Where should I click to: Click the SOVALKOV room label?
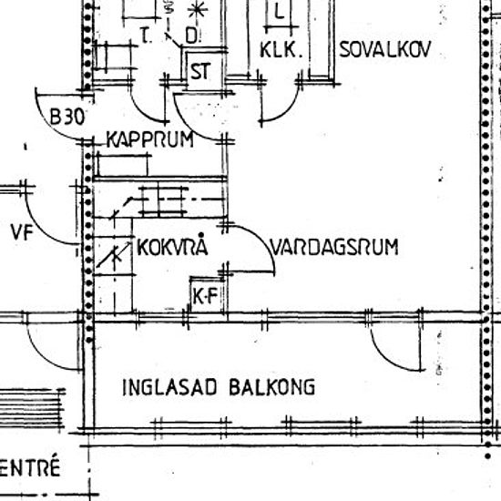pos(384,49)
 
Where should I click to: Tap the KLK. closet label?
pos(281,50)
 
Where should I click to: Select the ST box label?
pos(200,71)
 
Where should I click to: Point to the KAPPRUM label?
pos(150,139)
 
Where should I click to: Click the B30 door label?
pos(67,117)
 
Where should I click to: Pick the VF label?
pos(22,232)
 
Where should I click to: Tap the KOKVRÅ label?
pos(172,246)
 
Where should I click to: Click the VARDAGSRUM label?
pos(334,247)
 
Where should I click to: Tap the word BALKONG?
pos(272,387)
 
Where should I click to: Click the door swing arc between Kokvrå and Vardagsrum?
pos(261,240)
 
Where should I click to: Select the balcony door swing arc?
pos(387,359)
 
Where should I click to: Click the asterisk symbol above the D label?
pos(197,11)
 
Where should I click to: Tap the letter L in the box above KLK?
pos(280,13)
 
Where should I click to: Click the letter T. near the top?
pos(146,36)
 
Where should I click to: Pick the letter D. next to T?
pos(192,36)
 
